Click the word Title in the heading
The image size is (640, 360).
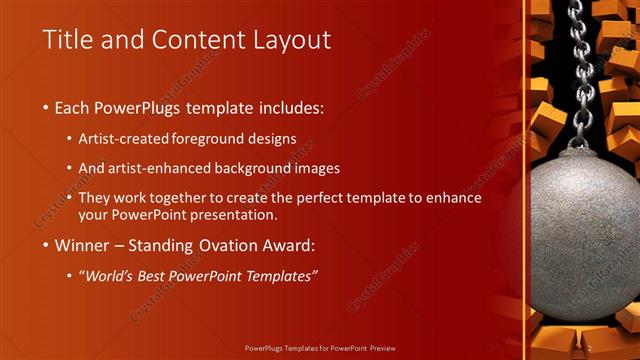[66, 41]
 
